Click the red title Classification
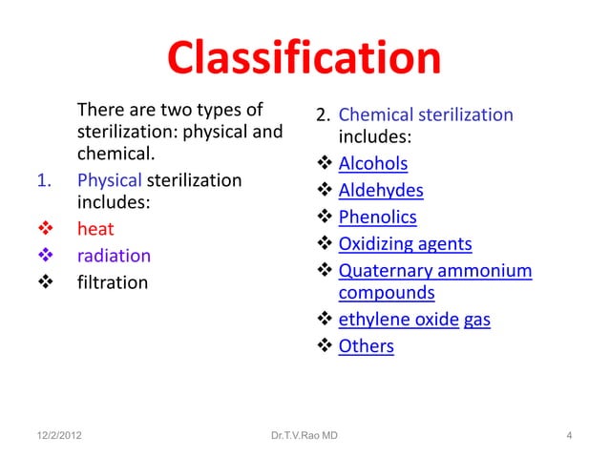point(304,60)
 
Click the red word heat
point(95,229)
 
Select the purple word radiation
point(114,256)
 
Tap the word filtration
point(113,282)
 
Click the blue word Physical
point(108,179)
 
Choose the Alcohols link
point(373,165)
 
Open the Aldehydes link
point(381,192)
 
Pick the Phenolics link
point(377,218)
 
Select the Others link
point(366,346)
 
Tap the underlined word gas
point(477,321)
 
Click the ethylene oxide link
point(399,321)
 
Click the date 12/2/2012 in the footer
point(53,437)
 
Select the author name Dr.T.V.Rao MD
point(303,437)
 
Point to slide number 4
point(569,437)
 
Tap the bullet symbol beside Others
point(325,346)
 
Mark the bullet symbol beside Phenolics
point(325,218)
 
